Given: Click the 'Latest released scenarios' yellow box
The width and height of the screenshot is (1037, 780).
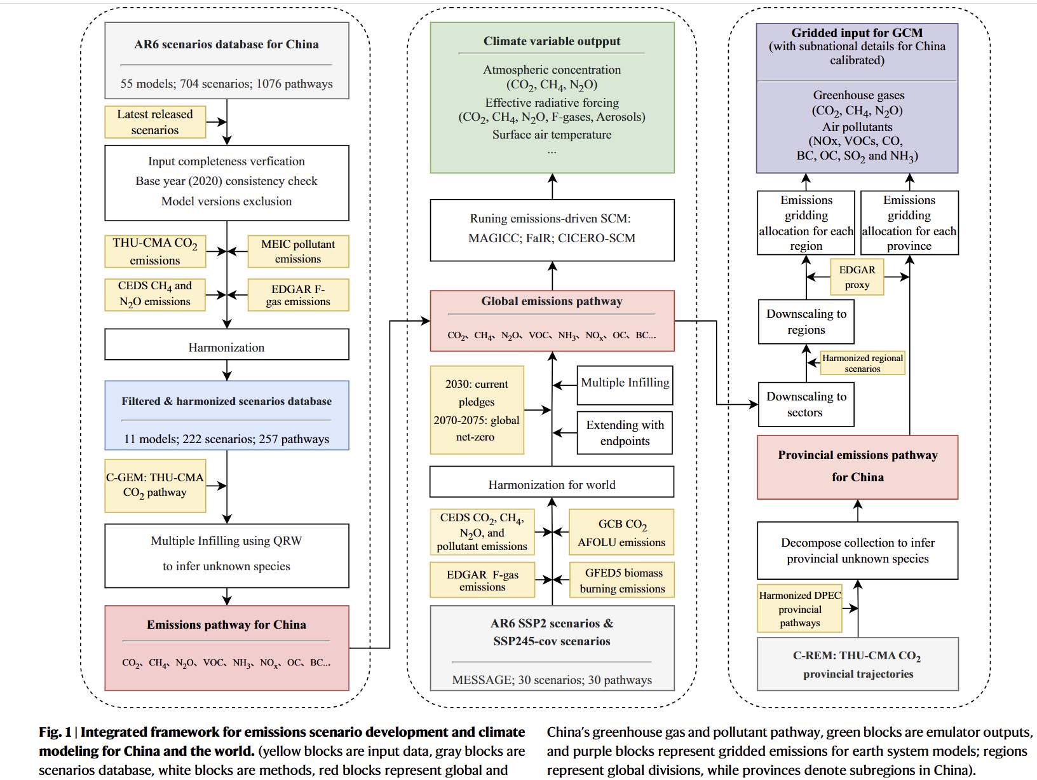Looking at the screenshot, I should (155, 122).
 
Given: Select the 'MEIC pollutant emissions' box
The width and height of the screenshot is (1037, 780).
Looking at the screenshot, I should (298, 251).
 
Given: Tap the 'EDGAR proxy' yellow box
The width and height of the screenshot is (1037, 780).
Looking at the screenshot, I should (857, 277).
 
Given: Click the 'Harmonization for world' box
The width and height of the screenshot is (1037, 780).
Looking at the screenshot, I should (552, 484).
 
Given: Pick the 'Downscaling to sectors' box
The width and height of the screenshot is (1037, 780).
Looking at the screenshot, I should (806, 404).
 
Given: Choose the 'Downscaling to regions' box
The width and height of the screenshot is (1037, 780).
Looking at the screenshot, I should (806, 322).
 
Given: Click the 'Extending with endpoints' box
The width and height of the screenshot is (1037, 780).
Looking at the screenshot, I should (625, 433).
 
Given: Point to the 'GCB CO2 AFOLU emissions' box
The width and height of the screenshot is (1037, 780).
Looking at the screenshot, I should (621, 533).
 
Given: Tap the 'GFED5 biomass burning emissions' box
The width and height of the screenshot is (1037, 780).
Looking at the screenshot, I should (621, 580).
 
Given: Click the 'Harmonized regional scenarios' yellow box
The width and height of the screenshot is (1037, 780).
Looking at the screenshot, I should (862, 363).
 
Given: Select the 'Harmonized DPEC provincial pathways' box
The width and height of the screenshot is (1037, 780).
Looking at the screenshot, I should (799, 608).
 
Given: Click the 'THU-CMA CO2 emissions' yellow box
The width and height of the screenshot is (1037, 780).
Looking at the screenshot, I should (155, 251).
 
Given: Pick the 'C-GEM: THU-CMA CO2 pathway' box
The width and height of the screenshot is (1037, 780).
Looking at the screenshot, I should (155, 485).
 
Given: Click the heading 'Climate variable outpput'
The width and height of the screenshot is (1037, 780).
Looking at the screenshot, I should (552, 41).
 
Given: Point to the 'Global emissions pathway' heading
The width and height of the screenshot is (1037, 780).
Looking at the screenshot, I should (552, 301).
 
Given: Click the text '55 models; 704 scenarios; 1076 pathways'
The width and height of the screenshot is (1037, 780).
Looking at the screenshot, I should (226, 84).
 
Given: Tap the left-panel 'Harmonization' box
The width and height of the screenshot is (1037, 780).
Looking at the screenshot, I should (226, 347).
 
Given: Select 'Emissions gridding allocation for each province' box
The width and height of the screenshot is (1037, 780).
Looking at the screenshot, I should (909, 223).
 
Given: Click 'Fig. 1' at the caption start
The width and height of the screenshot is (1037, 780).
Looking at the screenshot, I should (55, 732).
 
